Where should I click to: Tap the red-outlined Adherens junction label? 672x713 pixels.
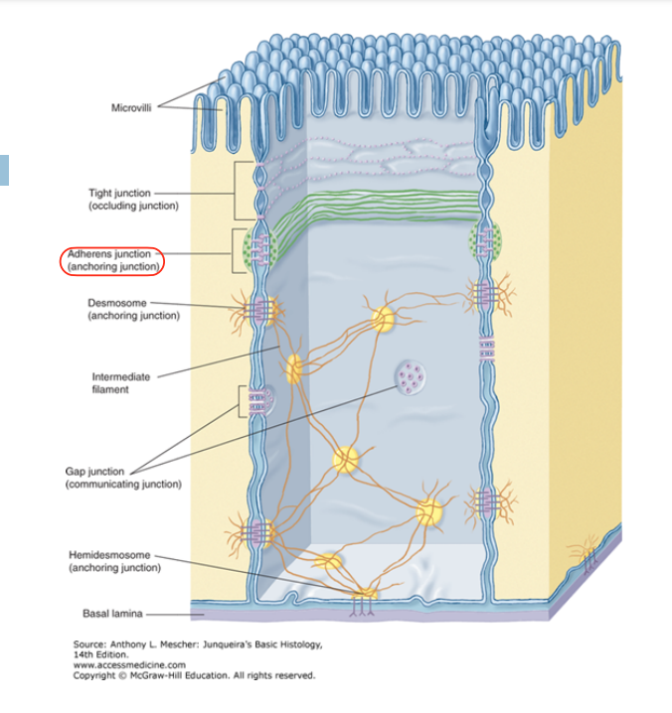(x=110, y=260)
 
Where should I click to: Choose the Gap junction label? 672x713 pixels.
(x=123, y=478)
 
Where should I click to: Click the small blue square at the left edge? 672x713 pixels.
(x=3, y=170)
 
